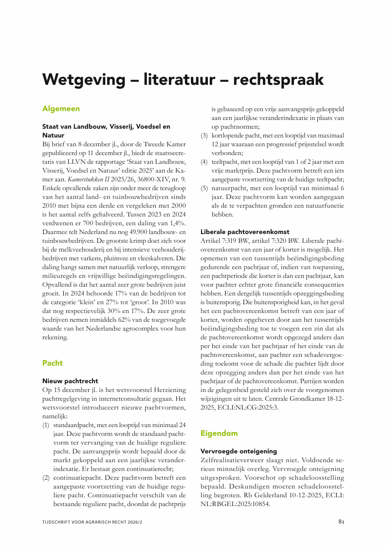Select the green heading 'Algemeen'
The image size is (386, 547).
click(61, 108)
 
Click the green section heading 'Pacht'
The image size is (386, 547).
click(52, 363)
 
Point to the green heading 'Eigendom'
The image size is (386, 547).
click(219, 432)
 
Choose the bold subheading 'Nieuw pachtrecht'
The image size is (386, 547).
click(70, 381)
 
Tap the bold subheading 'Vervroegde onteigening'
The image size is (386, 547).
click(239, 451)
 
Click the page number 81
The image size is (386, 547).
click(341, 522)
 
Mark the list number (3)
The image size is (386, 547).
click(204, 135)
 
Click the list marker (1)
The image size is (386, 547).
click(46, 425)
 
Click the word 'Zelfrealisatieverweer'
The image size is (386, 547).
click(235, 460)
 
